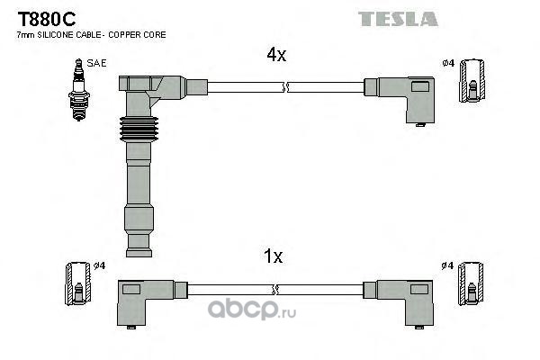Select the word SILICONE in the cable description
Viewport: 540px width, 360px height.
(x=51, y=35)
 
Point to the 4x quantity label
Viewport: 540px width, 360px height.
(x=275, y=55)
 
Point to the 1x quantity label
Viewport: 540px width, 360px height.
(x=274, y=256)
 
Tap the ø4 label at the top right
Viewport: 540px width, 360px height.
(x=448, y=62)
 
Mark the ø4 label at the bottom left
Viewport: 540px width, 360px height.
(x=100, y=265)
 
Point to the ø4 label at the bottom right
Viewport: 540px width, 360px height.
(x=448, y=265)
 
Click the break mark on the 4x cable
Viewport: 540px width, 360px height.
(x=283, y=87)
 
